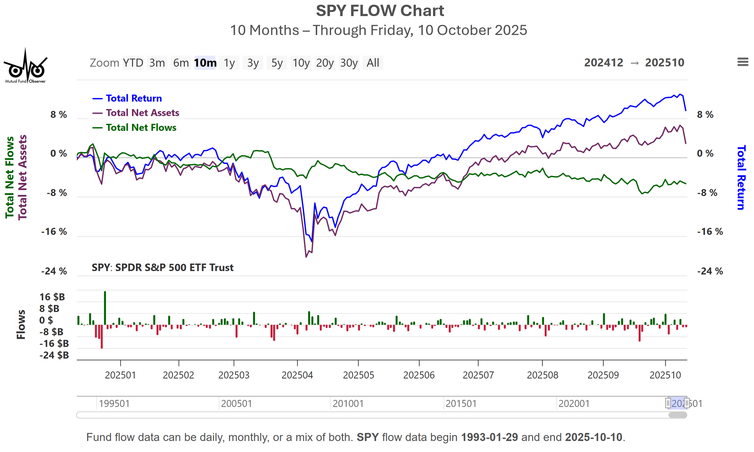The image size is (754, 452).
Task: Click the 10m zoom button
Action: pos(205,63)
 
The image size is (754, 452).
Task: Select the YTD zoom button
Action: pos(133,63)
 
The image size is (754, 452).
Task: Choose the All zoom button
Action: pos(372,63)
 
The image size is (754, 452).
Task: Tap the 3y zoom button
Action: pos(253,63)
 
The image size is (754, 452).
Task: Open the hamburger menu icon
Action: pos(743,62)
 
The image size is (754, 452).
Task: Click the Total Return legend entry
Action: pos(134,98)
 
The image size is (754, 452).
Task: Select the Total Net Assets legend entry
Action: pos(142,113)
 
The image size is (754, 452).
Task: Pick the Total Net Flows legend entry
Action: pos(141,128)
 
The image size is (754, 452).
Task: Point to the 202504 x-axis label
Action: pos(297,375)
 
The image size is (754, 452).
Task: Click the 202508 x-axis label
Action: pos(542,375)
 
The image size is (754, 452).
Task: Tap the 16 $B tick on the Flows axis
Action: pos(52,297)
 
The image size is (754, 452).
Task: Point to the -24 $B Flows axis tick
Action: pos(54,355)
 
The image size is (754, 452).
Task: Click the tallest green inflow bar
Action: pos(105,307)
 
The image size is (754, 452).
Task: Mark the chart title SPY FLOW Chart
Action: pos(380,11)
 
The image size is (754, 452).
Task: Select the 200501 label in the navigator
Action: pos(236,403)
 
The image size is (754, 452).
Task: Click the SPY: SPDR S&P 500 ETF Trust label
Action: pos(163,268)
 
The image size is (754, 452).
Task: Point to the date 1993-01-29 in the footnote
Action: pos(489,437)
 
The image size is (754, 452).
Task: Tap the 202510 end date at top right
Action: pos(664,63)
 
